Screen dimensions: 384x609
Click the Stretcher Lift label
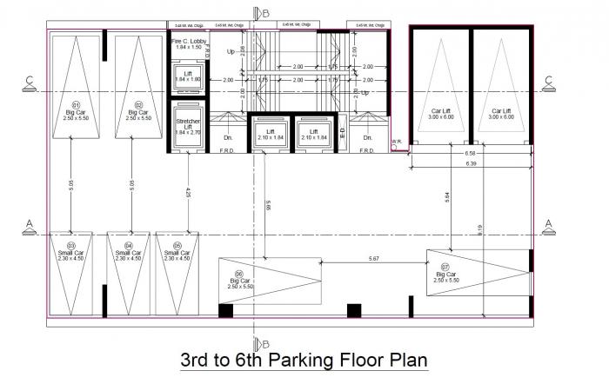[x=188, y=126]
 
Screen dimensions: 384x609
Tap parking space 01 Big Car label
[x=76, y=113]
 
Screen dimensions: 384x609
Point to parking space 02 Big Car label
[x=137, y=113]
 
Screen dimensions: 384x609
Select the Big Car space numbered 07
[x=445, y=275]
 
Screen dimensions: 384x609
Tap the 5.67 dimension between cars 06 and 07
[x=373, y=259]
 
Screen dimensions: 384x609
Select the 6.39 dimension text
[x=471, y=163]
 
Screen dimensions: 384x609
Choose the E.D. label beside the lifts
[x=343, y=132]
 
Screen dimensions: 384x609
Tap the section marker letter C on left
[x=30, y=82]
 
